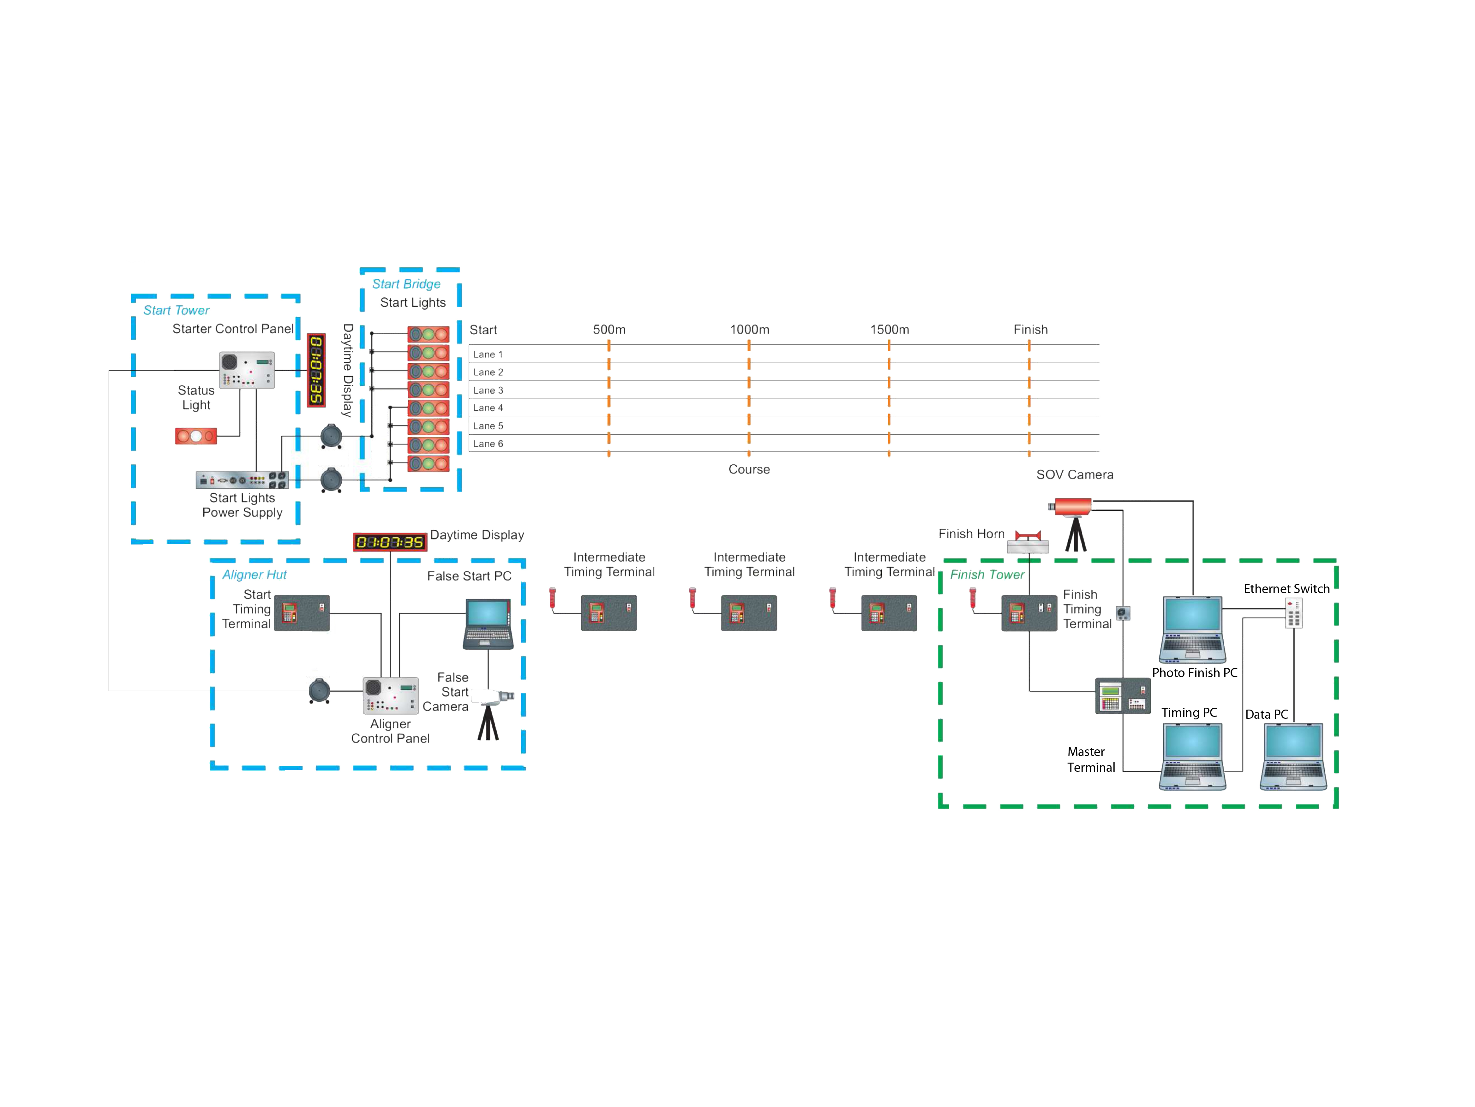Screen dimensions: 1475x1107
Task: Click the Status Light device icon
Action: (x=196, y=437)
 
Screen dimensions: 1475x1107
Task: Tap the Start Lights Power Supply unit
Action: (x=241, y=480)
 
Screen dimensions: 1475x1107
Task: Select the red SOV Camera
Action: (x=1071, y=507)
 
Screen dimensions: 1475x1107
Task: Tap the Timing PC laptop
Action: (x=1192, y=756)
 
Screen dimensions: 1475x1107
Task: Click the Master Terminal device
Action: (x=1123, y=696)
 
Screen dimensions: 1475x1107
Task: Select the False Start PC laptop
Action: (x=488, y=624)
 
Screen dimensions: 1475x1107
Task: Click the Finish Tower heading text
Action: (x=987, y=574)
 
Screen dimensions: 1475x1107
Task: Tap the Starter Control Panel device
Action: (x=247, y=370)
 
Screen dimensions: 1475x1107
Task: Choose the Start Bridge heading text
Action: (x=406, y=284)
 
